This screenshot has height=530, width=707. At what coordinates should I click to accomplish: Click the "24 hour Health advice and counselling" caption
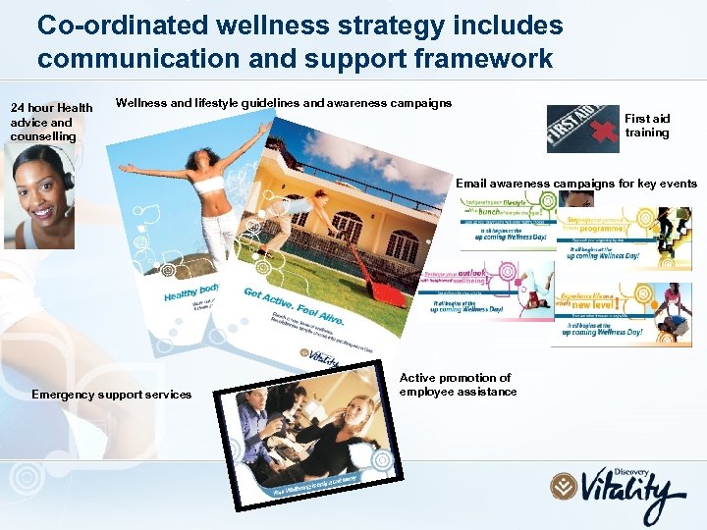pos(51,122)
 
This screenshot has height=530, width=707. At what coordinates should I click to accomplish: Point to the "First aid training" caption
pos(647,126)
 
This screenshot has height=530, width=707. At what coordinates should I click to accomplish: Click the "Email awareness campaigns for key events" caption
pos(576,184)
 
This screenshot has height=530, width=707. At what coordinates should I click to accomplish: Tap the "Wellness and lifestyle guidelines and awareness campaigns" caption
pos(284,102)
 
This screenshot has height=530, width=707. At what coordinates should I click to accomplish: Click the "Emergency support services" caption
pos(111,395)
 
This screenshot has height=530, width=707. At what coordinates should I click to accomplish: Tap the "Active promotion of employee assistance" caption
pos(458,385)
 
